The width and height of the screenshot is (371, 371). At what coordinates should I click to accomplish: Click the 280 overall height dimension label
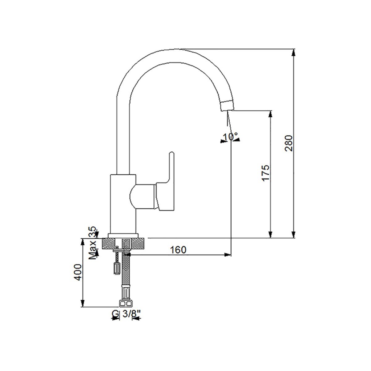pyautogui.click(x=288, y=143)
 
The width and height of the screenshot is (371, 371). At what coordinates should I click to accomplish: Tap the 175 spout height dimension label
pyautogui.click(x=265, y=173)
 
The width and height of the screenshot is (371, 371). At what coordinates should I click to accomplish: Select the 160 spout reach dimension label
pyautogui.click(x=178, y=250)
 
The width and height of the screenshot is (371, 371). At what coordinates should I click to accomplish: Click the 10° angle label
pyautogui.click(x=230, y=137)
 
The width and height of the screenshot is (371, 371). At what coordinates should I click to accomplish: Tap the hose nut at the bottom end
pyautogui.click(x=126, y=304)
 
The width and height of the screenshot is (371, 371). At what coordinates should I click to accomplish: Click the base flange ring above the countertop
pyautogui.click(x=123, y=236)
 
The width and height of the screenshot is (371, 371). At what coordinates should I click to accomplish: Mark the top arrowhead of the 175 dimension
pyautogui.click(x=270, y=114)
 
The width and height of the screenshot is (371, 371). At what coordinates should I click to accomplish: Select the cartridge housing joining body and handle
pyautogui.click(x=143, y=197)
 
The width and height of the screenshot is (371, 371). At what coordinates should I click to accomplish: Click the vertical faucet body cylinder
pyautogui.click(x=123, y=204)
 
